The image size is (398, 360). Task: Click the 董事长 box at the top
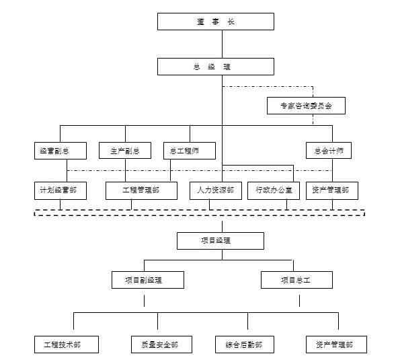(216, 22)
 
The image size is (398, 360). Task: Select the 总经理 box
(216, 67)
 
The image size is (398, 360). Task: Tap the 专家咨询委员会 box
(306, 106)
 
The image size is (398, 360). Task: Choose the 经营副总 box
(61, 151)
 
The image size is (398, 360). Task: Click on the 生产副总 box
(125, 151)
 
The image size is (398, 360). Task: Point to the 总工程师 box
(190, 151)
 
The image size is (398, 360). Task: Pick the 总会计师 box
(329, 151)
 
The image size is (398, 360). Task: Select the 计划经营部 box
(61, 190)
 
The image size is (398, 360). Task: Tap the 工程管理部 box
(141, 190)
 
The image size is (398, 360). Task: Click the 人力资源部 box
(216, 190)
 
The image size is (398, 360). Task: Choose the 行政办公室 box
(274, 190)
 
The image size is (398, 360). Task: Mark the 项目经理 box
(221, 241)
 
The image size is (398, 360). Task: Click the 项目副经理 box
(148, 280)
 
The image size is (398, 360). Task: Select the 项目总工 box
(296, 280)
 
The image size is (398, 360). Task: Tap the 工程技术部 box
(67, 345)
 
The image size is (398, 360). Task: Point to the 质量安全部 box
(161, 345)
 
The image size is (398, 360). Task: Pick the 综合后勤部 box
(245, 345)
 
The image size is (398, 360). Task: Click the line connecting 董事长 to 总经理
(223, 44)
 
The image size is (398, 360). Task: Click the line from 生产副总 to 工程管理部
(126, 170)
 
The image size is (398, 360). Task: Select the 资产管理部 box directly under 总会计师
(332, 190)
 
